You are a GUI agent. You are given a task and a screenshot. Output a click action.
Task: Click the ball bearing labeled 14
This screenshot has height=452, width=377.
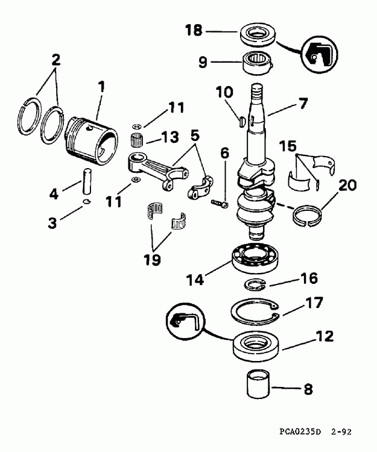click(254, 256)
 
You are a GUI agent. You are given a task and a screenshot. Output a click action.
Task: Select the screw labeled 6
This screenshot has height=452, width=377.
click(218, 204)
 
